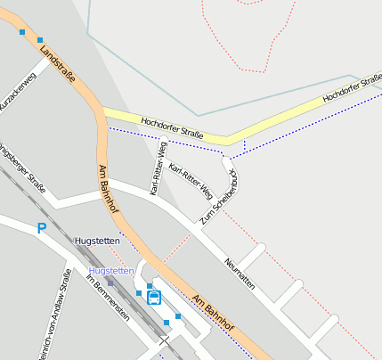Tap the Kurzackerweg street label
pos(18,95)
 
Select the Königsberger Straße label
pos(24,167)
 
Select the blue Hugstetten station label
pos(111,270)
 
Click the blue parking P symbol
pos(42,229)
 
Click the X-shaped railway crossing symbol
pos(164,340)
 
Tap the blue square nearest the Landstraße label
pos(40,39)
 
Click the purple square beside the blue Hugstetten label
pos(110,282)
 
